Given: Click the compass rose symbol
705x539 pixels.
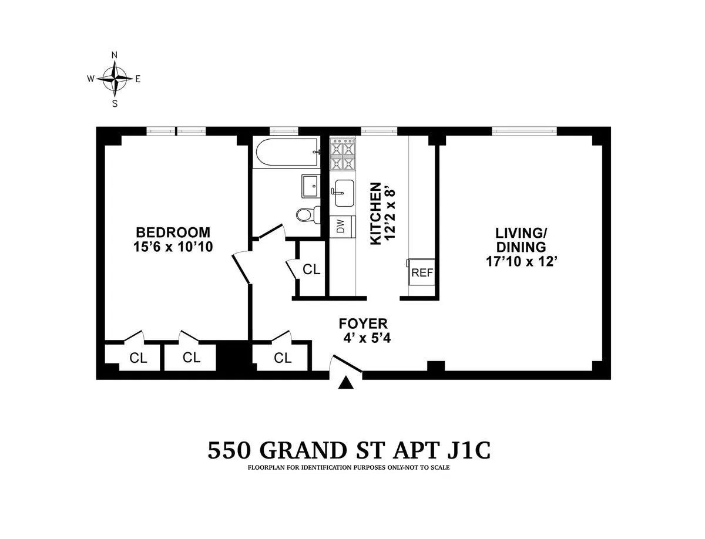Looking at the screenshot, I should click(x=115, y=78).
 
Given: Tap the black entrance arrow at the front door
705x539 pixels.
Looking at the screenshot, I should click(x=347, y=383).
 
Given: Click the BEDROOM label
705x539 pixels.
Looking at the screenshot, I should click(x=173, y=231).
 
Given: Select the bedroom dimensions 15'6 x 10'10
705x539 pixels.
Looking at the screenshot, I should click(x=173, y=247).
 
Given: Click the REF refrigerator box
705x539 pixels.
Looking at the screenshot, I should click(x=422, y=272).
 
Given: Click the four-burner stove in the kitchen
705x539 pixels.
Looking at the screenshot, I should click(x=343, y=154).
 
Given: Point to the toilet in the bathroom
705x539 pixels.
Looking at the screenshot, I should click(x=307, y=214).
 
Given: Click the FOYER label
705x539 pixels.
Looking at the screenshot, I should click(x=362, y=324).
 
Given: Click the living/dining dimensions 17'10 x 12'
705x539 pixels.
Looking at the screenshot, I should click(x=521, y=262).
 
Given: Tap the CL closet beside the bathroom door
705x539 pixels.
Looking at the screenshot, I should click(x=311, y=269).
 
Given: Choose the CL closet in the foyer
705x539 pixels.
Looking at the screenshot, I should click(x=282, y=358).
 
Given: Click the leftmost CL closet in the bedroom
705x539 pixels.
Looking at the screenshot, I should click(x=138, y=358).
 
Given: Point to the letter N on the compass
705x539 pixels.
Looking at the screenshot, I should click(x=115, y=55).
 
